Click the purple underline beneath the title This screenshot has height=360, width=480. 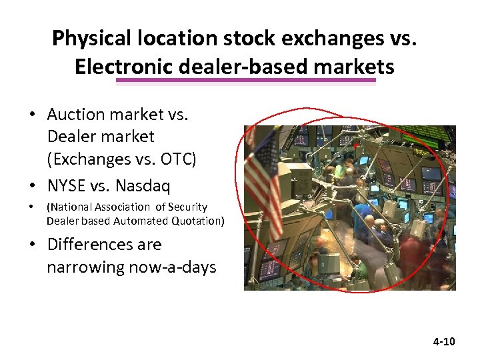(x=246, y=81)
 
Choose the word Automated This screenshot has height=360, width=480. (x=129, y=221)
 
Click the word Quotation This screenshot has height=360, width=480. (x=194, y=221)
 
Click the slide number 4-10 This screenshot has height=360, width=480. (x=443, y=341)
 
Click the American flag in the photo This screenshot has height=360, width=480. (x=264, y=177)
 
